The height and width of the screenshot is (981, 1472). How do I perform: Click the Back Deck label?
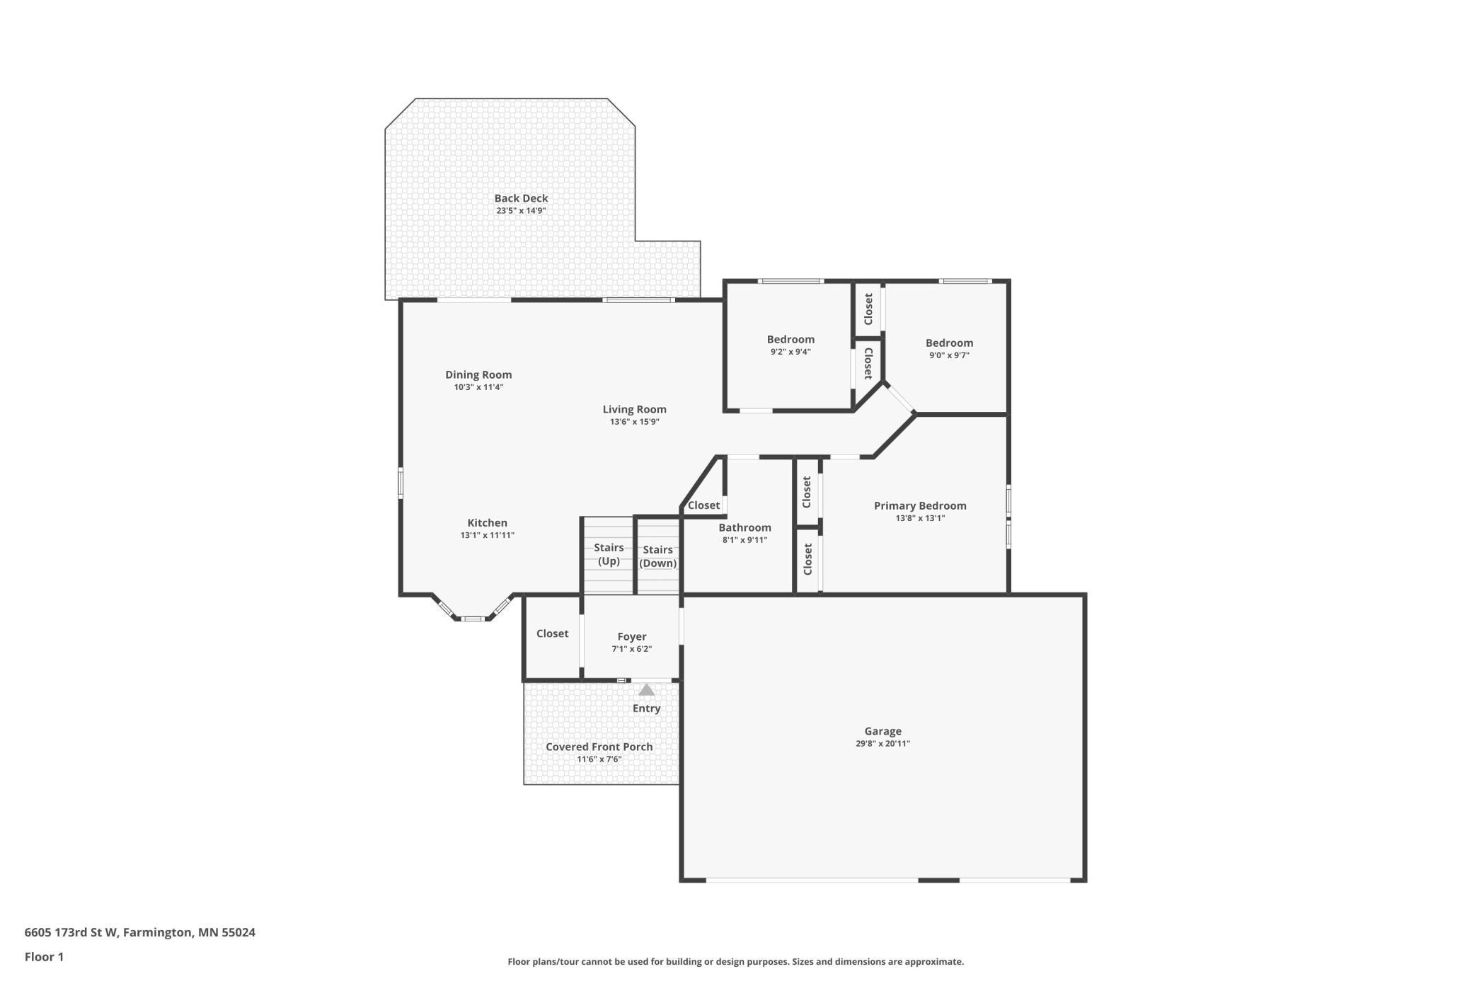[x=521, y=199]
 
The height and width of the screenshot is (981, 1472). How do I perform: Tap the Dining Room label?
[x=478, y=375]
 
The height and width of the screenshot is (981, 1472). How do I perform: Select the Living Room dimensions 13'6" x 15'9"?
[x=635, y=422]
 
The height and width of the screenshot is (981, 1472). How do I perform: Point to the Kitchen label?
[x=487, y=523]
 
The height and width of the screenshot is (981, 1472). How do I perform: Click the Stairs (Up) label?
[x=609, y=554]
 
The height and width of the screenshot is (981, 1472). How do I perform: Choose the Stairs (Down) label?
[x=657, y=556]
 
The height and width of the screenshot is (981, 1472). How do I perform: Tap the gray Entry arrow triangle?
[x=647, y=689]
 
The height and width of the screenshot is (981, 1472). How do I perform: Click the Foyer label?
[x=632, y=637]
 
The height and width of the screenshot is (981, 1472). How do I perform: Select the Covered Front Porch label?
[x=599, y=747]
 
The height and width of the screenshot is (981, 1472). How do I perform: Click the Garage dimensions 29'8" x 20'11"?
[x=882, y=744]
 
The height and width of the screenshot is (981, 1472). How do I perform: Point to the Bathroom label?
[x=744, y=528]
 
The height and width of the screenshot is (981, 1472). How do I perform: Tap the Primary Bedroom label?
[x=920, y=506]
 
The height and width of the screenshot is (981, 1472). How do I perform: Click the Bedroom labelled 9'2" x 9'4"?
[x=790, y=340]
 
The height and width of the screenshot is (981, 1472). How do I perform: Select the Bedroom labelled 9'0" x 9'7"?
[x=949, y=343]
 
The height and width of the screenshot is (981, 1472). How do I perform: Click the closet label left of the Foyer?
[x=552, y=633]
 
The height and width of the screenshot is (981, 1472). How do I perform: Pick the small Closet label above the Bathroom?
[x=703, y=505]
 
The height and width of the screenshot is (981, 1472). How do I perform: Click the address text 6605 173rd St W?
[x=71, y=932]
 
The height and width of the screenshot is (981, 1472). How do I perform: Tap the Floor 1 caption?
[x=44, y=957]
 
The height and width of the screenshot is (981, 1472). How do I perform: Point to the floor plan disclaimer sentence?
[x=735, y=962]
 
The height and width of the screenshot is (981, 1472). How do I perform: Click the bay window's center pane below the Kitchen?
[x=473, y=619]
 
